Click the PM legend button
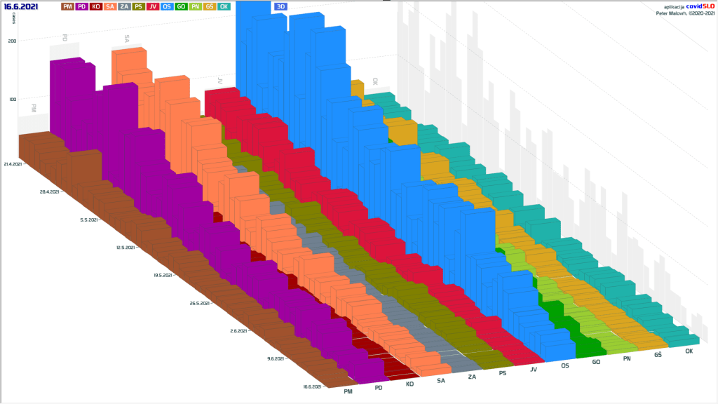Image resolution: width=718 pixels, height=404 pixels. pyautogui.click(x=68, y=6)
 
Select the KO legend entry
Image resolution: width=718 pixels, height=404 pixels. pyautogui.click(x=96, y=6)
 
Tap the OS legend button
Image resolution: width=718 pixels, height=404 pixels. pyautogui.click(x=167, y=6)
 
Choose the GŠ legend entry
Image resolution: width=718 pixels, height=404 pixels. pyautogui.click(x=210, y=6)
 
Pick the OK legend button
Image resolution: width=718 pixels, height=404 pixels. pyautogui.click(x=224, y=6)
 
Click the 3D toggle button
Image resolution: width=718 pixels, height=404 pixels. pyautogui.click(x=280, y=6)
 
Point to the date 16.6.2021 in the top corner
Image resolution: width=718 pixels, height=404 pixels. pyautogui.click(x=22, y=6)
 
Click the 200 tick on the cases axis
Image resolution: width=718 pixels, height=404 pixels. pyautogui.click(x=12, y=41)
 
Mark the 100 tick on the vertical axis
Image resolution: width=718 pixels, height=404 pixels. pyautogui.click(x=12, y=99)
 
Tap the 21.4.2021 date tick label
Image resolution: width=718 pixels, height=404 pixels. pyautogui.click(x=12, y=164)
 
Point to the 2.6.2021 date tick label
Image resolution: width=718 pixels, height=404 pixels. pyautogui.click(x=240, y=330)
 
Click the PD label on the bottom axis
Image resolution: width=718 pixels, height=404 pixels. pyautogui.click(x=379, y=387)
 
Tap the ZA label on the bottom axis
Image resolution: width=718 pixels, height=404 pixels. pyautogui.click(x=472, y=377)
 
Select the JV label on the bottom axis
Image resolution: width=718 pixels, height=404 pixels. pyautogui.click(x=534, y=370)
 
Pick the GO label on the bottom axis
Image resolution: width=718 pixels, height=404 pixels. pyautogui.click(x=595, y=363)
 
